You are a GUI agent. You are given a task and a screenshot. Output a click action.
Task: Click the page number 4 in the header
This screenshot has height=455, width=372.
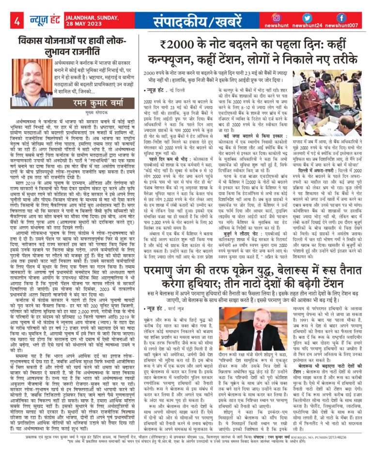click(17, 21)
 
